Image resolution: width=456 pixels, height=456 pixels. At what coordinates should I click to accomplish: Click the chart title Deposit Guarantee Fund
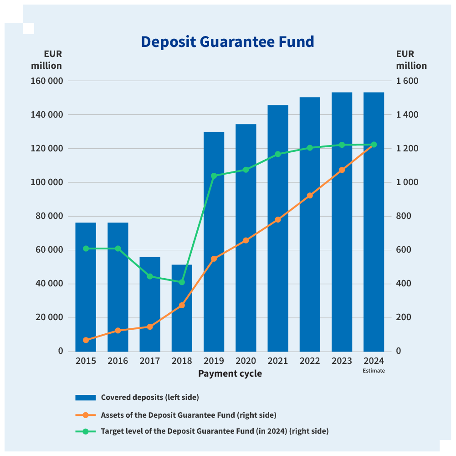(x=227, y=42)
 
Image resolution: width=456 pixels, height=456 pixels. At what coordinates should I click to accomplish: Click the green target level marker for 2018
(x=182, y=282)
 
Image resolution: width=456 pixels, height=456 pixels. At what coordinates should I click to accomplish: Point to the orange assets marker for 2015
(x=86, y=340)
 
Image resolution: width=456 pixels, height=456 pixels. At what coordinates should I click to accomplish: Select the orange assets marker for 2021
(x=278, y=220)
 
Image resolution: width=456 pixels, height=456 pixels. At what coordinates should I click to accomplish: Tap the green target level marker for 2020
(x=246, y=170)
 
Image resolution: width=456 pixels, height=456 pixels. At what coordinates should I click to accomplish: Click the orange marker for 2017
(x=150, y=326)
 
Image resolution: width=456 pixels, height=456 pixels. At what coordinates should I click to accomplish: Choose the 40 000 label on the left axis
(x=48, y=284)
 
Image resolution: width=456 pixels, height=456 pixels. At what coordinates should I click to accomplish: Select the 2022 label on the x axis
(x=310, y=361)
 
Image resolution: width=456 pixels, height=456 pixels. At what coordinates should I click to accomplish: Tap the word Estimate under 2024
(x=374, y=371)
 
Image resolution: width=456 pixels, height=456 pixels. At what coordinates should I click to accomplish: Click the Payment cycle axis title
(x=230, y=374)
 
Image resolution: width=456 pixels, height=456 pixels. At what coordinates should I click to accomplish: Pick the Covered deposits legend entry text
(x=150, y=397)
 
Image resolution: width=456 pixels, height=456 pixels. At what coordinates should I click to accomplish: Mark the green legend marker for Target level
(x=85, y=431)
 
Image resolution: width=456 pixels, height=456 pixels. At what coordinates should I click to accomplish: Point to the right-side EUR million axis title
(x=411, y=60)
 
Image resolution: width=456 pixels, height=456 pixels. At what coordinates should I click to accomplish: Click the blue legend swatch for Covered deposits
(x=85, y=397)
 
